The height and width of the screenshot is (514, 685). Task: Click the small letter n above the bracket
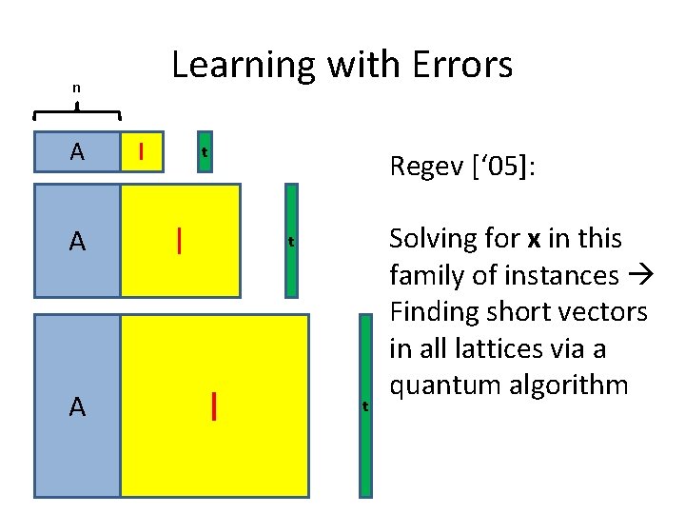point(76,89)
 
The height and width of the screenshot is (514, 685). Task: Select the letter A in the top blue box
point(76,150)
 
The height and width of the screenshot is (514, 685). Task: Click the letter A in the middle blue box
point(76,241)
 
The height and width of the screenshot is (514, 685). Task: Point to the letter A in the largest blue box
point(76,407)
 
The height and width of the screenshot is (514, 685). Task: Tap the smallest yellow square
point(142,150)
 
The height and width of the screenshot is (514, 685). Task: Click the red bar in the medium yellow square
point(179,239)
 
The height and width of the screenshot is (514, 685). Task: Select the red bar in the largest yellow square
point(215,406)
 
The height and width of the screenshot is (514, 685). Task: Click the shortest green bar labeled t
point(204,151)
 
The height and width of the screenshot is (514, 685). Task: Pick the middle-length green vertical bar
point(291,241)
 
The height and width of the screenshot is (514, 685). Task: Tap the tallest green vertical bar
point(364,406)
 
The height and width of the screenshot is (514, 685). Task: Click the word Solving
point(428,238)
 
